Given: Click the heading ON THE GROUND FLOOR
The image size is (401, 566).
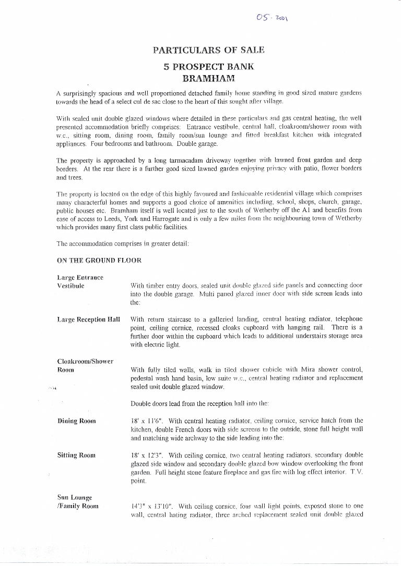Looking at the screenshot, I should [99, 260].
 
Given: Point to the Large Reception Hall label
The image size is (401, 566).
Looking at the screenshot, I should [89, 319].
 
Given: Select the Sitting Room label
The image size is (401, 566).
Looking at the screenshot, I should [76, 455].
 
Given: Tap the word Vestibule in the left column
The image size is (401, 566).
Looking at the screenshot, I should [71, 286].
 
